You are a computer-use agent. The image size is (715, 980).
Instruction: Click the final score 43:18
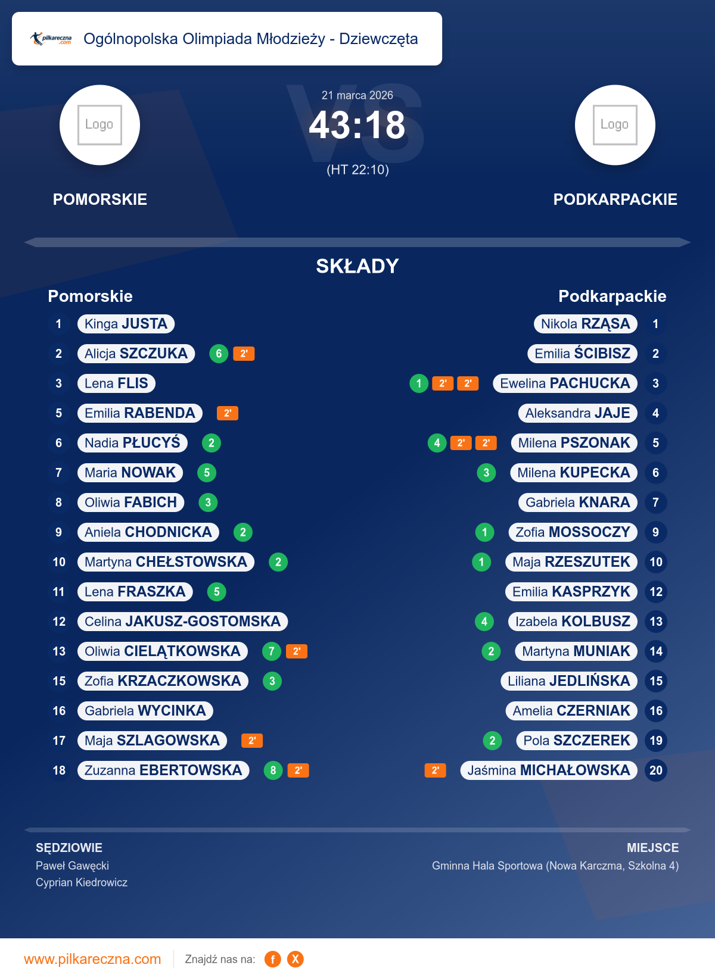pos(357,126)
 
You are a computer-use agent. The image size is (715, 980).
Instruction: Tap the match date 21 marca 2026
pos(357,95)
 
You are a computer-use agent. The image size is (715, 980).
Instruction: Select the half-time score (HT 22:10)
pos(357,170)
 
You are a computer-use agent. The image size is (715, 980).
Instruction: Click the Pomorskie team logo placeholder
pos(100,125)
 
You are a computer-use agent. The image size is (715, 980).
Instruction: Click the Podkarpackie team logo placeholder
pos(615,125)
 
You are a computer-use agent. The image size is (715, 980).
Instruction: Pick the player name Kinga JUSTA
pos(126,324)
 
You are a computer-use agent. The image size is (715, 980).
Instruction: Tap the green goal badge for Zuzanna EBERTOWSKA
pos(273,770)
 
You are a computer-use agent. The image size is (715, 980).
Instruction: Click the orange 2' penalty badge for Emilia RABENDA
pos(227,413)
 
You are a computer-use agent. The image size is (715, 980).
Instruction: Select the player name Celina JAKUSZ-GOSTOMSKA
pos(182,622)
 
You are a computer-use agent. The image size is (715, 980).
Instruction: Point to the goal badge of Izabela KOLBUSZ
pos(484,622)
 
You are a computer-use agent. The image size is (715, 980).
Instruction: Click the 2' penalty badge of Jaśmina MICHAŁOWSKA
pos(435,770)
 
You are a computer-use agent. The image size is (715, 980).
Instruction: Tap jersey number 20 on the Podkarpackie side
pos(655,770)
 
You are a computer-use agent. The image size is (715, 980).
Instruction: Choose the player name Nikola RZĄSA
pos(585,324)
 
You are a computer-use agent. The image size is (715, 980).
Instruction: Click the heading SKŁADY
pos(357,266)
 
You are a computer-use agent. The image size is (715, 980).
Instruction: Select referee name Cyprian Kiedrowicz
pos(82,882)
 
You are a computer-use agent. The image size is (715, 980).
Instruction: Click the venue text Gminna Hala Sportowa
pos(487,866)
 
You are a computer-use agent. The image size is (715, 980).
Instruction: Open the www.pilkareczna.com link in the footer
pos(92,959)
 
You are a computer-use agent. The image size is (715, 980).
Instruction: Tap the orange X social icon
pos(296,959)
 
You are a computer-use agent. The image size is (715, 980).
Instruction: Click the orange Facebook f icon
pos(272,959)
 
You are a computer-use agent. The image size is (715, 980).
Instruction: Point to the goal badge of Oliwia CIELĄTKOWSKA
pos(271,651)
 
